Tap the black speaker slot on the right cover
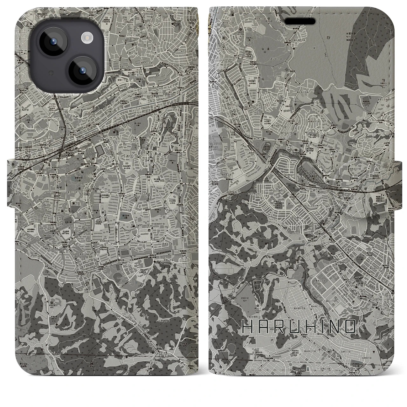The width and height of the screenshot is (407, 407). click(300, 21)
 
